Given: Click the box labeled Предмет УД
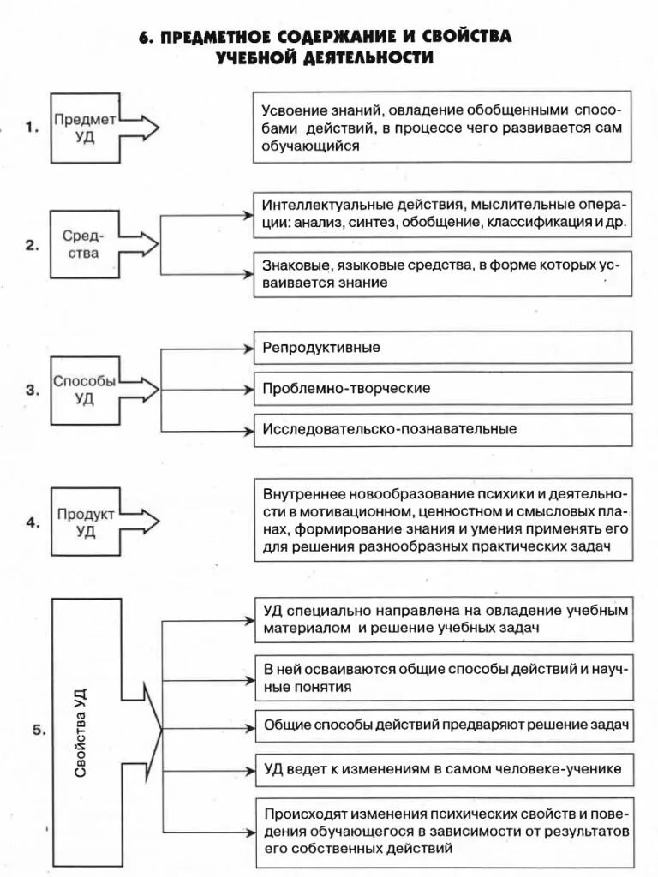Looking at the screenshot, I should (86, 128).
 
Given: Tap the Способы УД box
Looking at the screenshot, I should (85, 390).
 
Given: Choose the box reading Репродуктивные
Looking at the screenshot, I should (442, 348).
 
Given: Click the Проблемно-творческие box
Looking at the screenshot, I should (442, 388).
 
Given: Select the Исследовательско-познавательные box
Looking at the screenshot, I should (442, 428).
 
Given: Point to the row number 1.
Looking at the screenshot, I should (33, 129).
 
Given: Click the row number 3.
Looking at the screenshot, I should (33, 391).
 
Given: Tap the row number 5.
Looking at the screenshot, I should (37, 731).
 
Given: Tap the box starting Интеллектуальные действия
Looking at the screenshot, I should (442, 213).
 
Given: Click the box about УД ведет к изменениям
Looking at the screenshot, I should (442, 770).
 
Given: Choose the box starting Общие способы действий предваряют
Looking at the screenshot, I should (442, 725).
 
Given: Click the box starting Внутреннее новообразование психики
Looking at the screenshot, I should (442, 521).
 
